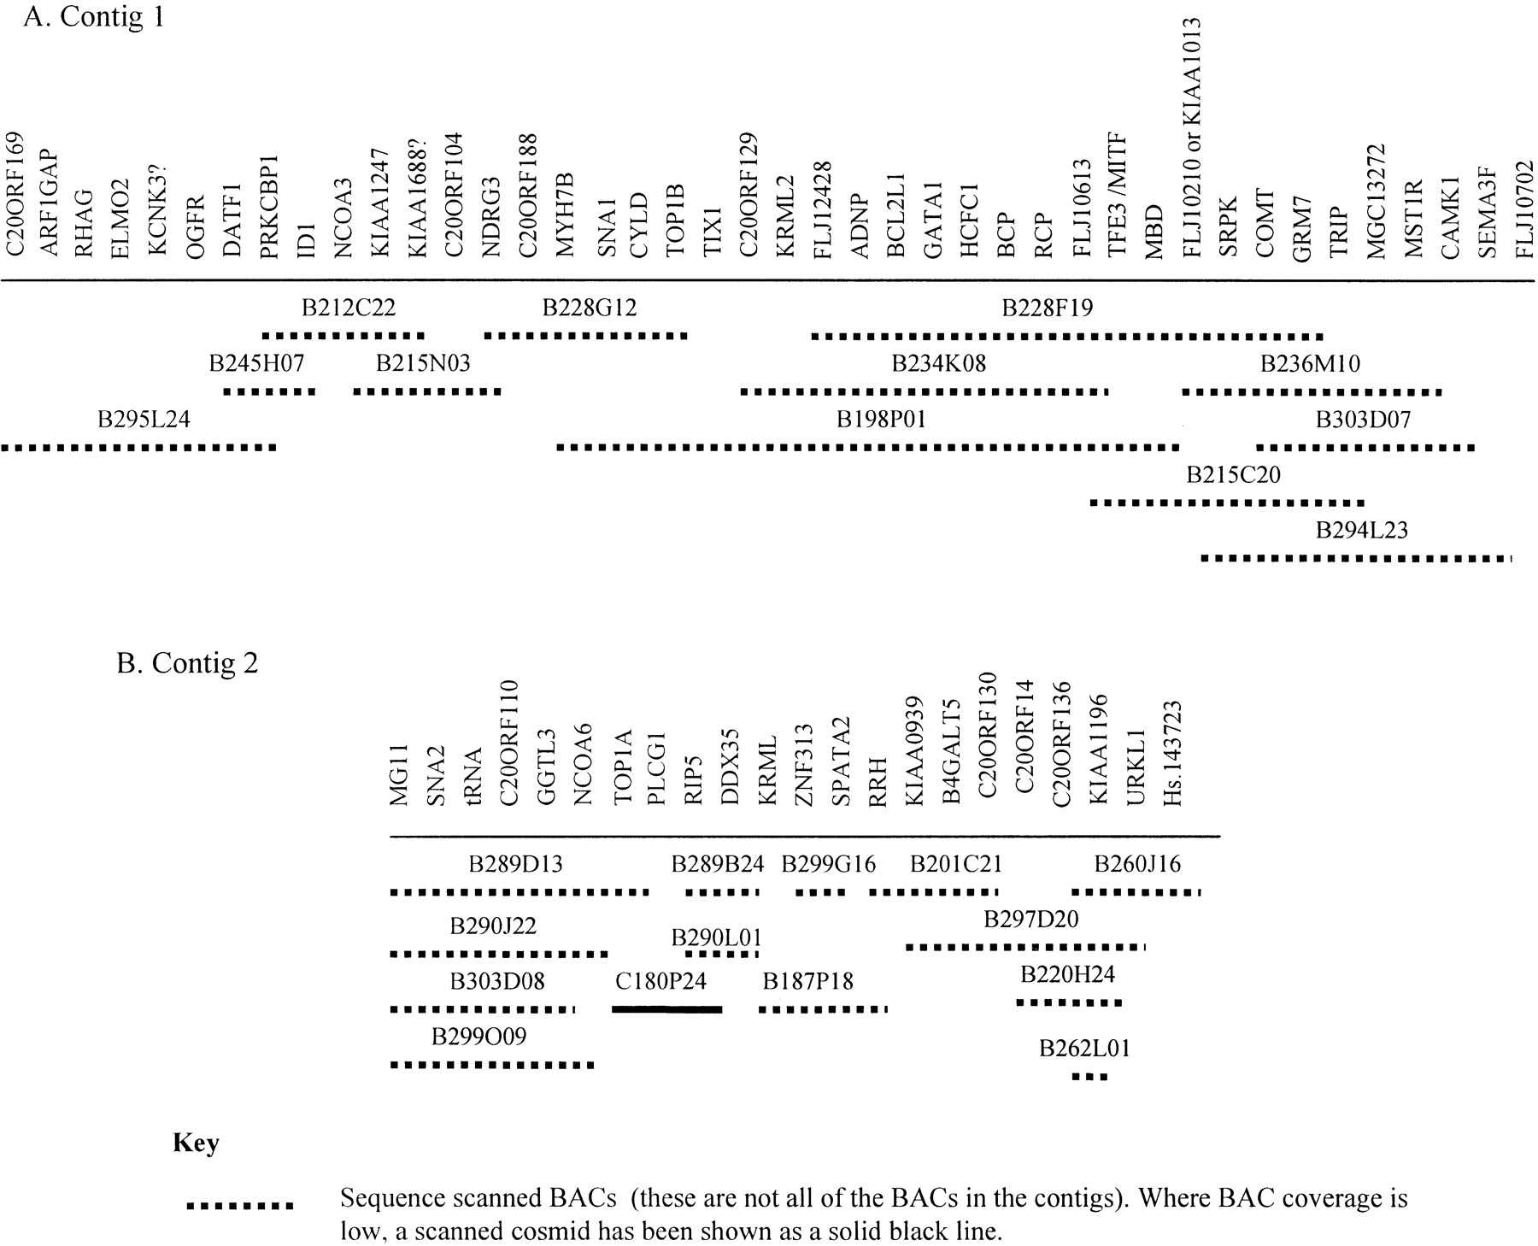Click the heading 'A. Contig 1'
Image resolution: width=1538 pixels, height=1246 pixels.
[93, 17]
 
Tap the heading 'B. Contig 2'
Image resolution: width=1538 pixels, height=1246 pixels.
[187, 663]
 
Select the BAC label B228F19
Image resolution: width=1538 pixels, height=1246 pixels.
[1047, 308]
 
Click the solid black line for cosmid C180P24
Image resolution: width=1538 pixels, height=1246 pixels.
[667, 1009]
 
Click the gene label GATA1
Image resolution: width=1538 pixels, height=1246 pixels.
[933, 217]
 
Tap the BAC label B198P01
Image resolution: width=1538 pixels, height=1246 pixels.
[881, 420]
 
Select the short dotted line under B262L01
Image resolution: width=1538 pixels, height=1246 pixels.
[1089, 1077]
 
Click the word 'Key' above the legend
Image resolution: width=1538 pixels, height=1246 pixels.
[196, 1143]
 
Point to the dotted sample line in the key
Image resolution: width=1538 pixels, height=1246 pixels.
[240, 1207]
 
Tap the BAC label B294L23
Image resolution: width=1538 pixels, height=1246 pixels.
[1362, 531]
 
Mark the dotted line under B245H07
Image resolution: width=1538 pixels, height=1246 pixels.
[269, 392]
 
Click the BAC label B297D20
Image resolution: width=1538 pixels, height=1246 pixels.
[1030, 920]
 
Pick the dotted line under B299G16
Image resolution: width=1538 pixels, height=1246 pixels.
[820, 893]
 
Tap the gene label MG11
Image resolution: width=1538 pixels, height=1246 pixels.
[399, 775]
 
